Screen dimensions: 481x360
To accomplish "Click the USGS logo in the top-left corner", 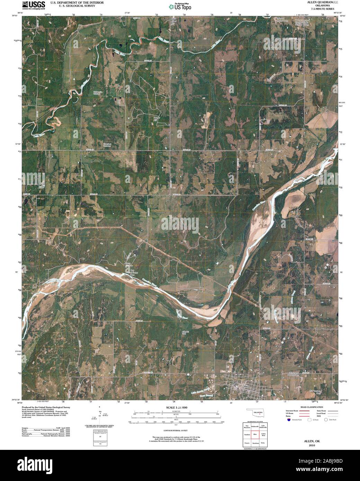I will coord(33,5).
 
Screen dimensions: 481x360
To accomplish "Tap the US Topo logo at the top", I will coord(180,6).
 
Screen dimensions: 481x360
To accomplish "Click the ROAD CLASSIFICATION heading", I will coord(312,407).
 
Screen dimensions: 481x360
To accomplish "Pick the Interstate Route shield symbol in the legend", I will coord(288,419).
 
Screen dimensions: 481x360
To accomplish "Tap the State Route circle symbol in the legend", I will coord(325,419).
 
